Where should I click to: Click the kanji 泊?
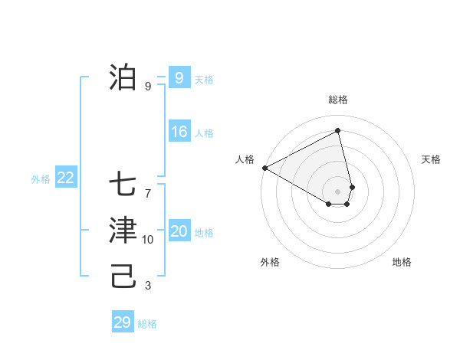[123, 77]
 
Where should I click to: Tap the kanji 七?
[123, 185]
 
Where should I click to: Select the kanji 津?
[123, 231]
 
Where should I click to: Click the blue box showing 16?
[179, 132]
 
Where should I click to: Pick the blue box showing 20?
[179, 231]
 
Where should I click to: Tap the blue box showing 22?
[65, 178]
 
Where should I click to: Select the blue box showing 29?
[123, 322]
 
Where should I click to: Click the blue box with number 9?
[179, 78]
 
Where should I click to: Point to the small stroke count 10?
[148, 240]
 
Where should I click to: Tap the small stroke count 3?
[148, 286]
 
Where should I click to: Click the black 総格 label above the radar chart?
[338, 100]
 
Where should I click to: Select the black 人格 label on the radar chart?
[245, 159]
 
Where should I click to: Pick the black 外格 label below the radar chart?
[270, 262]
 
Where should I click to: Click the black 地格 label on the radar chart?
[402, 262]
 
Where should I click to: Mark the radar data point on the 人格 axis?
[264, 168]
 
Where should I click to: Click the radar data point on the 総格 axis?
[338, 130]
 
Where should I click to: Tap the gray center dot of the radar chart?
[338, 191]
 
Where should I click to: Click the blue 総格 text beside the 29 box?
[147, 324]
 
